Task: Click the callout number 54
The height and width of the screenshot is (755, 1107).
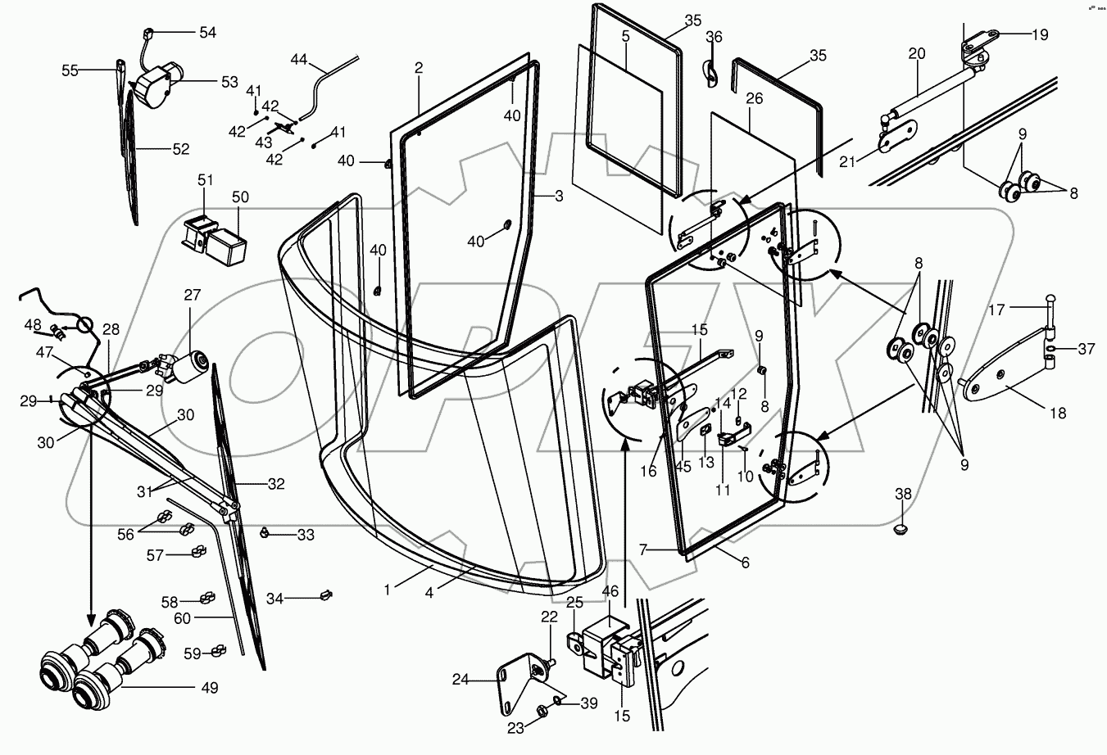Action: click(x=207, y=32)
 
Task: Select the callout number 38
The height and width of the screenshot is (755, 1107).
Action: click(x=902, y=494)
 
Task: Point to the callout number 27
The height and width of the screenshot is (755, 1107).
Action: click(x=192, y=296)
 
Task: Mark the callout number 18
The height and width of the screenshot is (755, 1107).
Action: click(x=1058, y=414)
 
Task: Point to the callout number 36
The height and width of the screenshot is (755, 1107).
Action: click(x=715, y=37)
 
